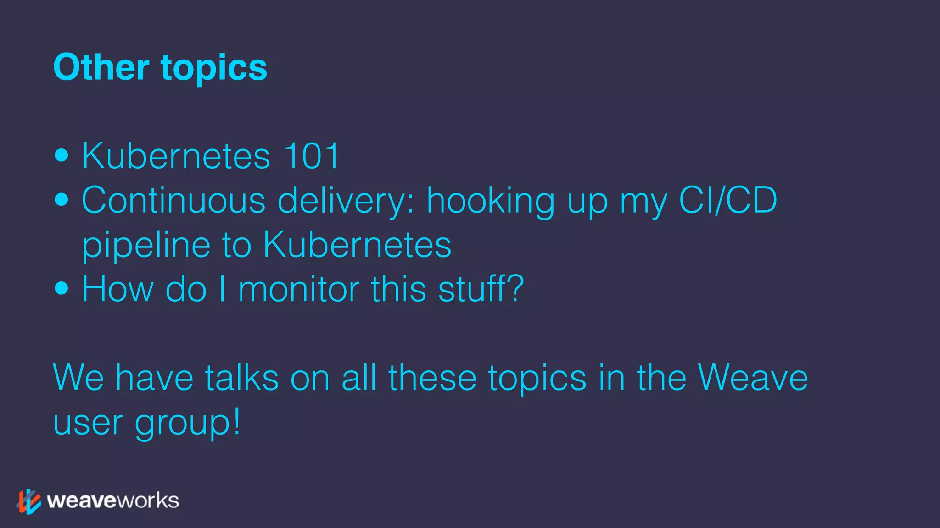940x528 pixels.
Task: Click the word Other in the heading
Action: pos(101,67)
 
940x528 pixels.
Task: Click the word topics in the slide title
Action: pos(214,68)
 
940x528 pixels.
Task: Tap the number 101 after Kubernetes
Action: pos(312,156)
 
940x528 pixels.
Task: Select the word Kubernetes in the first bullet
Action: pos(176,156)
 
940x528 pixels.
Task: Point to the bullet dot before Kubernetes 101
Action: pos(61,155)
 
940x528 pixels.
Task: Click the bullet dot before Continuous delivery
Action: pos(61,199)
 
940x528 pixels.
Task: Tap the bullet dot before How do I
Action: pos(61,288)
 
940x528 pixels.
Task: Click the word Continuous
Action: pos(173,200)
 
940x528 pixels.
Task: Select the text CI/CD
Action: pos(728,200)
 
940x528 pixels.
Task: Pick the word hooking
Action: pos(491,201)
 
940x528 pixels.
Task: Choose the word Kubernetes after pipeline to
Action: pos(357,244)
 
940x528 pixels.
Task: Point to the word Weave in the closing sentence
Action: pos(753,378)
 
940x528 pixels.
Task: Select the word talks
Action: pos(242,378)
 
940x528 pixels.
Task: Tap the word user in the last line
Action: pos(88,423)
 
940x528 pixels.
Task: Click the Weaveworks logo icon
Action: pos(28,501)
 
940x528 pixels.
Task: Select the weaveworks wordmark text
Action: pos(113,500)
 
